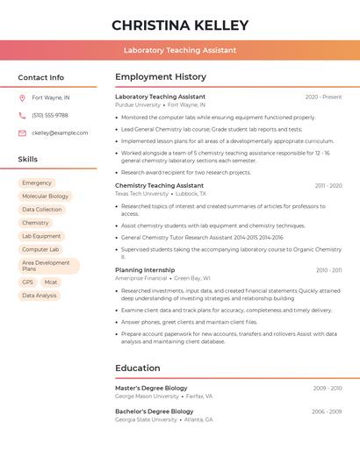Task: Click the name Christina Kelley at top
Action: click(180, 25)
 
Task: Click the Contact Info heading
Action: click(40, 77)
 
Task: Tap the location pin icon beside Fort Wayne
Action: click(22, 97)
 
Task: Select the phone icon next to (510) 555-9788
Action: click(22, 115)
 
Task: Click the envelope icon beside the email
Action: click(22, 133)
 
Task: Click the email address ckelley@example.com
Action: click(60, 133)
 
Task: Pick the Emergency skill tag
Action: click(37, 183)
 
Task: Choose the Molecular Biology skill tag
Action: click(45, 197)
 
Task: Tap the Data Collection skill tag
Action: click(42, 210)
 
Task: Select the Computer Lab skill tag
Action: click(40, 249)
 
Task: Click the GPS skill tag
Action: click(27, 283)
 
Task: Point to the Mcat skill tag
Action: click(50, 283)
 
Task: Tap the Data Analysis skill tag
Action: click(39, 296)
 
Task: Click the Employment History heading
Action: click(161, 77)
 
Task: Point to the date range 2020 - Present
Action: click(323, 97)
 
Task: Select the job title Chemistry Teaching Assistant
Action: click(159, 185)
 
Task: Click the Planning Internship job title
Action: click(145, 270)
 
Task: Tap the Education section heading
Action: click(138, 368)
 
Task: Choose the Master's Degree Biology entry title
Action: click(151, 388)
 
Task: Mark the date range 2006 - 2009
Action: click(327, 411)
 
